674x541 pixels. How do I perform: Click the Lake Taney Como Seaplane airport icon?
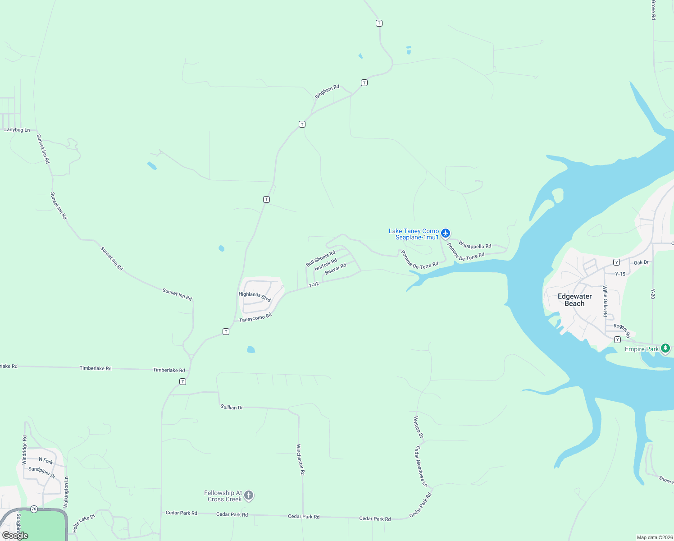tap(446, 233)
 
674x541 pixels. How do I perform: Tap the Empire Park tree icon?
tap(665, 348)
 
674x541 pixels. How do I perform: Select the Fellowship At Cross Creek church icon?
tap(249, 496)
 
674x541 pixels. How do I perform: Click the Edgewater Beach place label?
tap(575, 300)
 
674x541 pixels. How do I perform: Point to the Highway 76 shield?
tap(34, 509)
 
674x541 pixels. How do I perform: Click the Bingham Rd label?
tap(327, 92)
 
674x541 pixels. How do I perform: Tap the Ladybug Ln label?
tap(17, 130)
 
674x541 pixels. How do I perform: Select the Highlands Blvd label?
tap(255, 297)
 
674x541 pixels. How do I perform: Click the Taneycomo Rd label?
tap(255, 318)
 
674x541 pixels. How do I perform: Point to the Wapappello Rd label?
tap(475, 245)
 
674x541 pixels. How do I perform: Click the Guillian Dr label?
tap(232, 407)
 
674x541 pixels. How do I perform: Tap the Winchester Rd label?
tap(301, 460)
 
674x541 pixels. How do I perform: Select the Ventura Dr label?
tap(418, 427)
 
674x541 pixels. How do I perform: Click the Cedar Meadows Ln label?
tap(421, 466)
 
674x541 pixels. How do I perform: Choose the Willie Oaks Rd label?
tap(605, 301)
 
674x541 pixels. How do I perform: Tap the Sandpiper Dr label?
tap(42, 472)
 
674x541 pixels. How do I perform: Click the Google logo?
tap(15, 536)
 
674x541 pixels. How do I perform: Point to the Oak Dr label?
tap(641, 262)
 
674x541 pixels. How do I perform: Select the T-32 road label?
tap(314, 284)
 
